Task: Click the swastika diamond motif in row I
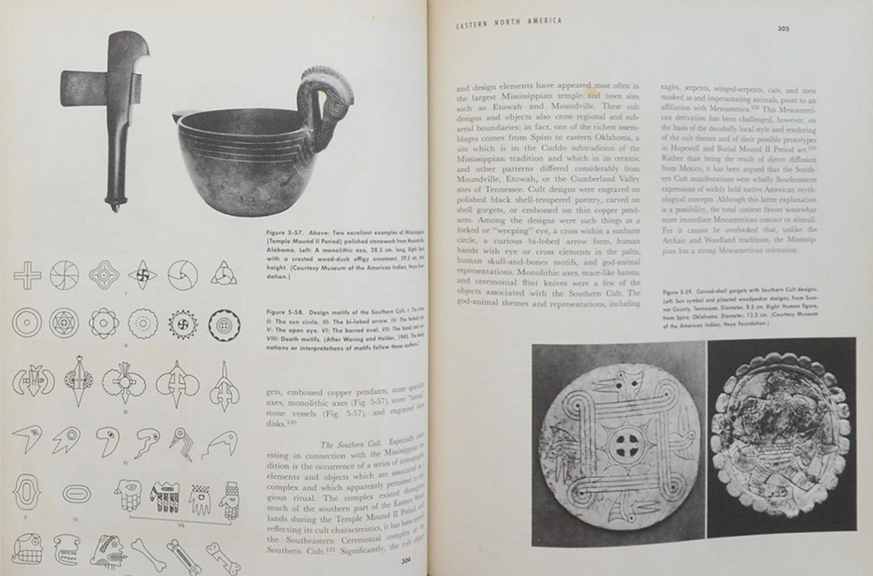[142, 276]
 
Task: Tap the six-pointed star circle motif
[65, 323]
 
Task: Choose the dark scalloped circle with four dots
[225, 324]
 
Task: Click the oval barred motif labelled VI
[79, 493]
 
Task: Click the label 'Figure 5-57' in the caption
[278, 235]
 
